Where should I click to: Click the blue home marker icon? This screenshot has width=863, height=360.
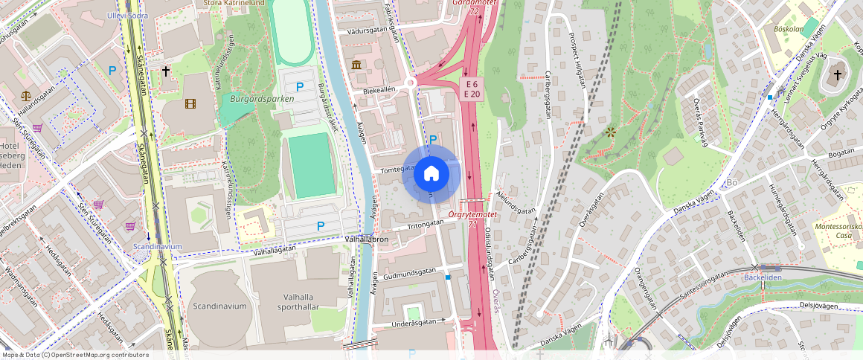tap(431, 174)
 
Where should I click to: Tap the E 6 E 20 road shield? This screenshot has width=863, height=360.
tap(472, 89)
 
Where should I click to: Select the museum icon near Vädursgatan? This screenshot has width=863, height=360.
tap(357, 65)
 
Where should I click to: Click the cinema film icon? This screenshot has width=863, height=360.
tap(190, 103)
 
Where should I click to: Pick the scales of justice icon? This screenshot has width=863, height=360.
tap(27, 96)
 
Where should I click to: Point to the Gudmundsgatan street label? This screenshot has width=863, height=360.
tap(411, 273)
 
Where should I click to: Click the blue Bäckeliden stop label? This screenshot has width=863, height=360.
tap(763, 277)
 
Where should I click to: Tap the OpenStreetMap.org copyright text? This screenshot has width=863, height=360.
tap(74, 355)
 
